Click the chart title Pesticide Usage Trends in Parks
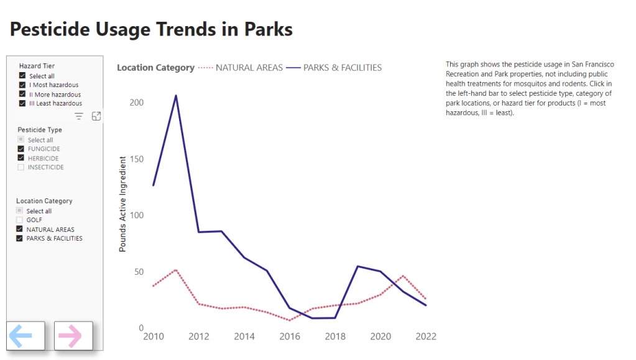click(151, 29)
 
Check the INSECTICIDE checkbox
click(21, 167)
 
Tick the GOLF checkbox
click(20, 220)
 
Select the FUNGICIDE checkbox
click(21, 149)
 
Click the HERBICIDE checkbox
click(21, 159)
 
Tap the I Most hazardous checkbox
click(22, 85)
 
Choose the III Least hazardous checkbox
click(22, 104)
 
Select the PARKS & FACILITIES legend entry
click(342, 68)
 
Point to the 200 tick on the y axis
click(136, 103)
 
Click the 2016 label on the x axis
click(290, 336)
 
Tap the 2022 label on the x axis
click(426, 336)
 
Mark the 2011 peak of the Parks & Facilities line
click(176, 96)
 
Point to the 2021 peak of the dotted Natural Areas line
click(403, 275)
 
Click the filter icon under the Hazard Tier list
click(79, 116)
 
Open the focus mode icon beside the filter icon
click(96, 116)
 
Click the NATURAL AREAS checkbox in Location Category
click(20, 229)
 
